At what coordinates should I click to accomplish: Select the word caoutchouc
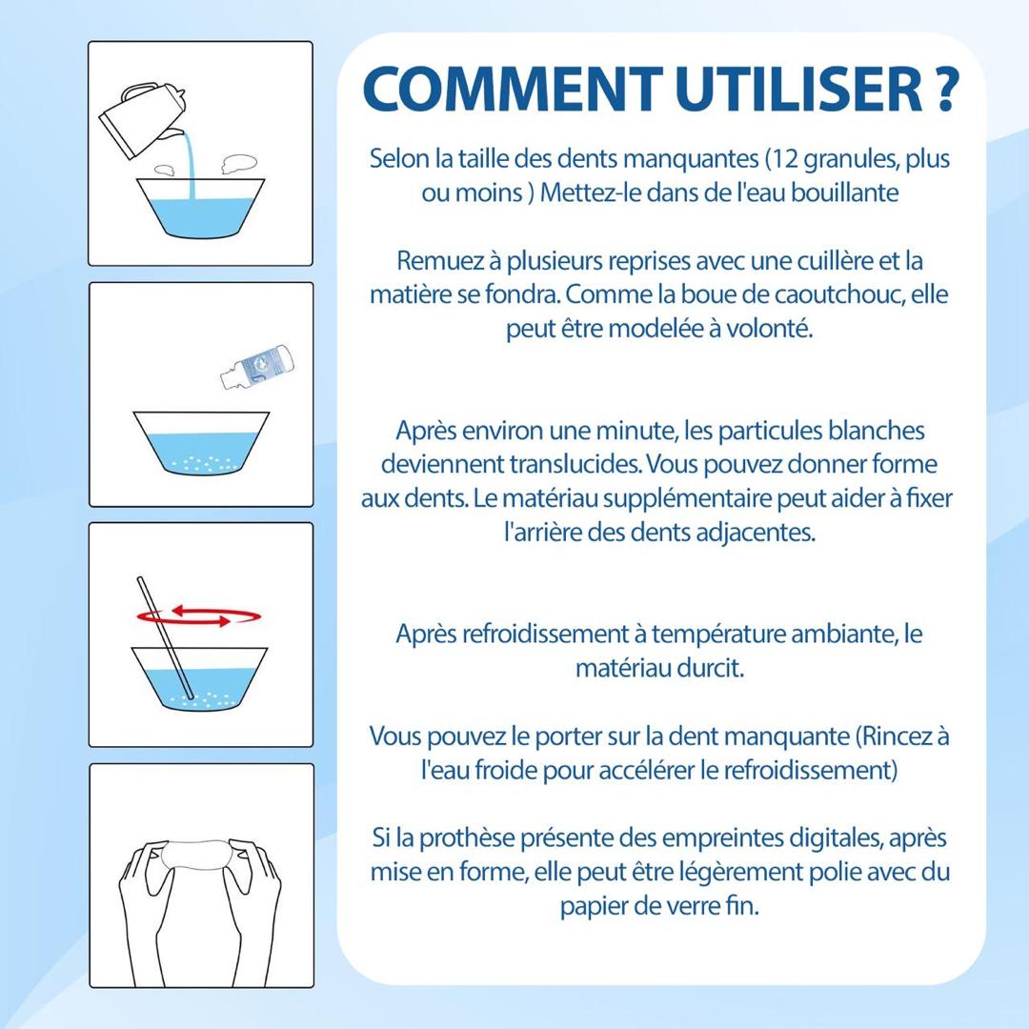(x=838, y=294)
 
